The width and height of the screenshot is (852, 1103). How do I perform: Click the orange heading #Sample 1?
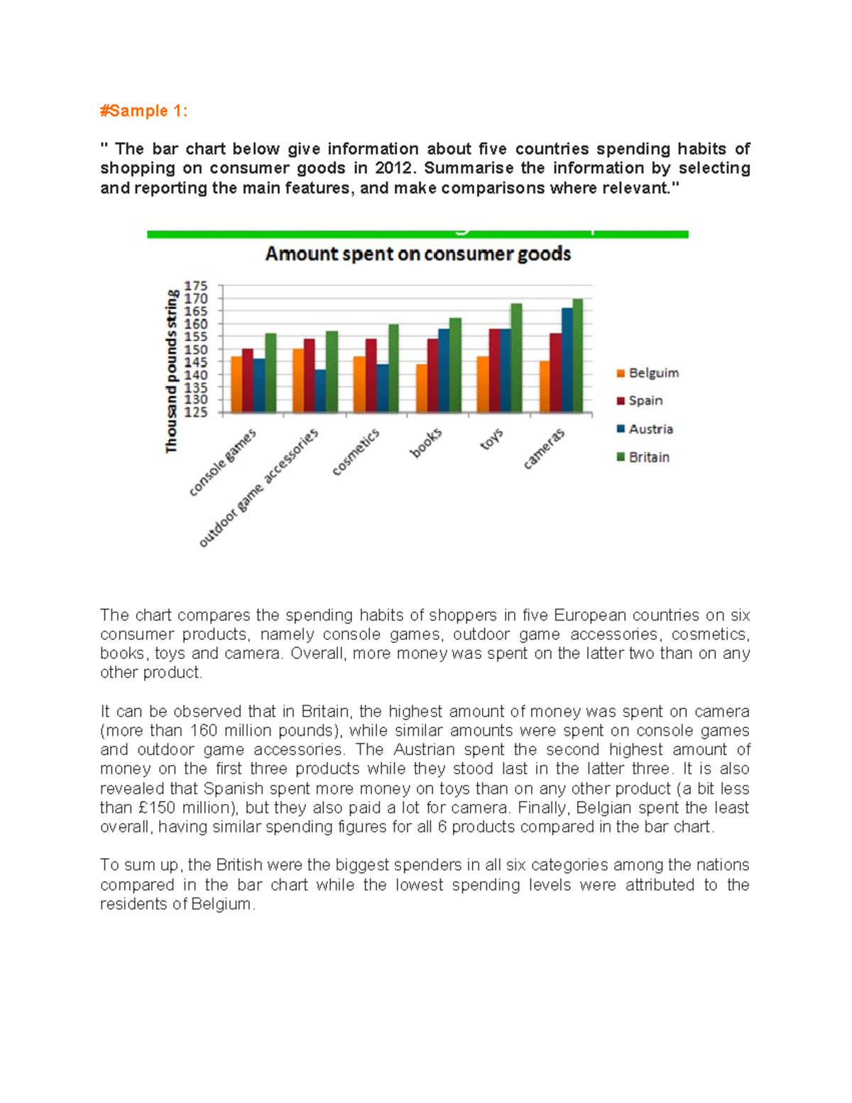[143, 111]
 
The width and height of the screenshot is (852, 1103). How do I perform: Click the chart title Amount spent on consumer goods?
[417, 254]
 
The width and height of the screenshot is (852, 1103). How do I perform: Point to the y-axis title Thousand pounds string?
[171, 370]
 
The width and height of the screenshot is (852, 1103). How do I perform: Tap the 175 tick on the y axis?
[196, 286]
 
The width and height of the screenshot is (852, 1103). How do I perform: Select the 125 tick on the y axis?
[196, 412]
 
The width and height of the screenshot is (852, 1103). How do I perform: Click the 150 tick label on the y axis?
[196, 349]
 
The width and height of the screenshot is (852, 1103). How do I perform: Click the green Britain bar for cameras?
[577, 356]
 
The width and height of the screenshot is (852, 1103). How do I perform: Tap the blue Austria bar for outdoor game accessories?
[320, 391]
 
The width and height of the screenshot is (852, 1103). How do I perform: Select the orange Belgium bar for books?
[422, 388]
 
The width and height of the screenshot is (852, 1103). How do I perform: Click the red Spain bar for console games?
[247, 380]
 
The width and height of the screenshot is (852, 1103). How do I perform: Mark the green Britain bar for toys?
[516, 358]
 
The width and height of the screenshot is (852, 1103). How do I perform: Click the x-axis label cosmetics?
[356, 452]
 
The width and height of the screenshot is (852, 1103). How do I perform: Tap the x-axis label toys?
[491, 439]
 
